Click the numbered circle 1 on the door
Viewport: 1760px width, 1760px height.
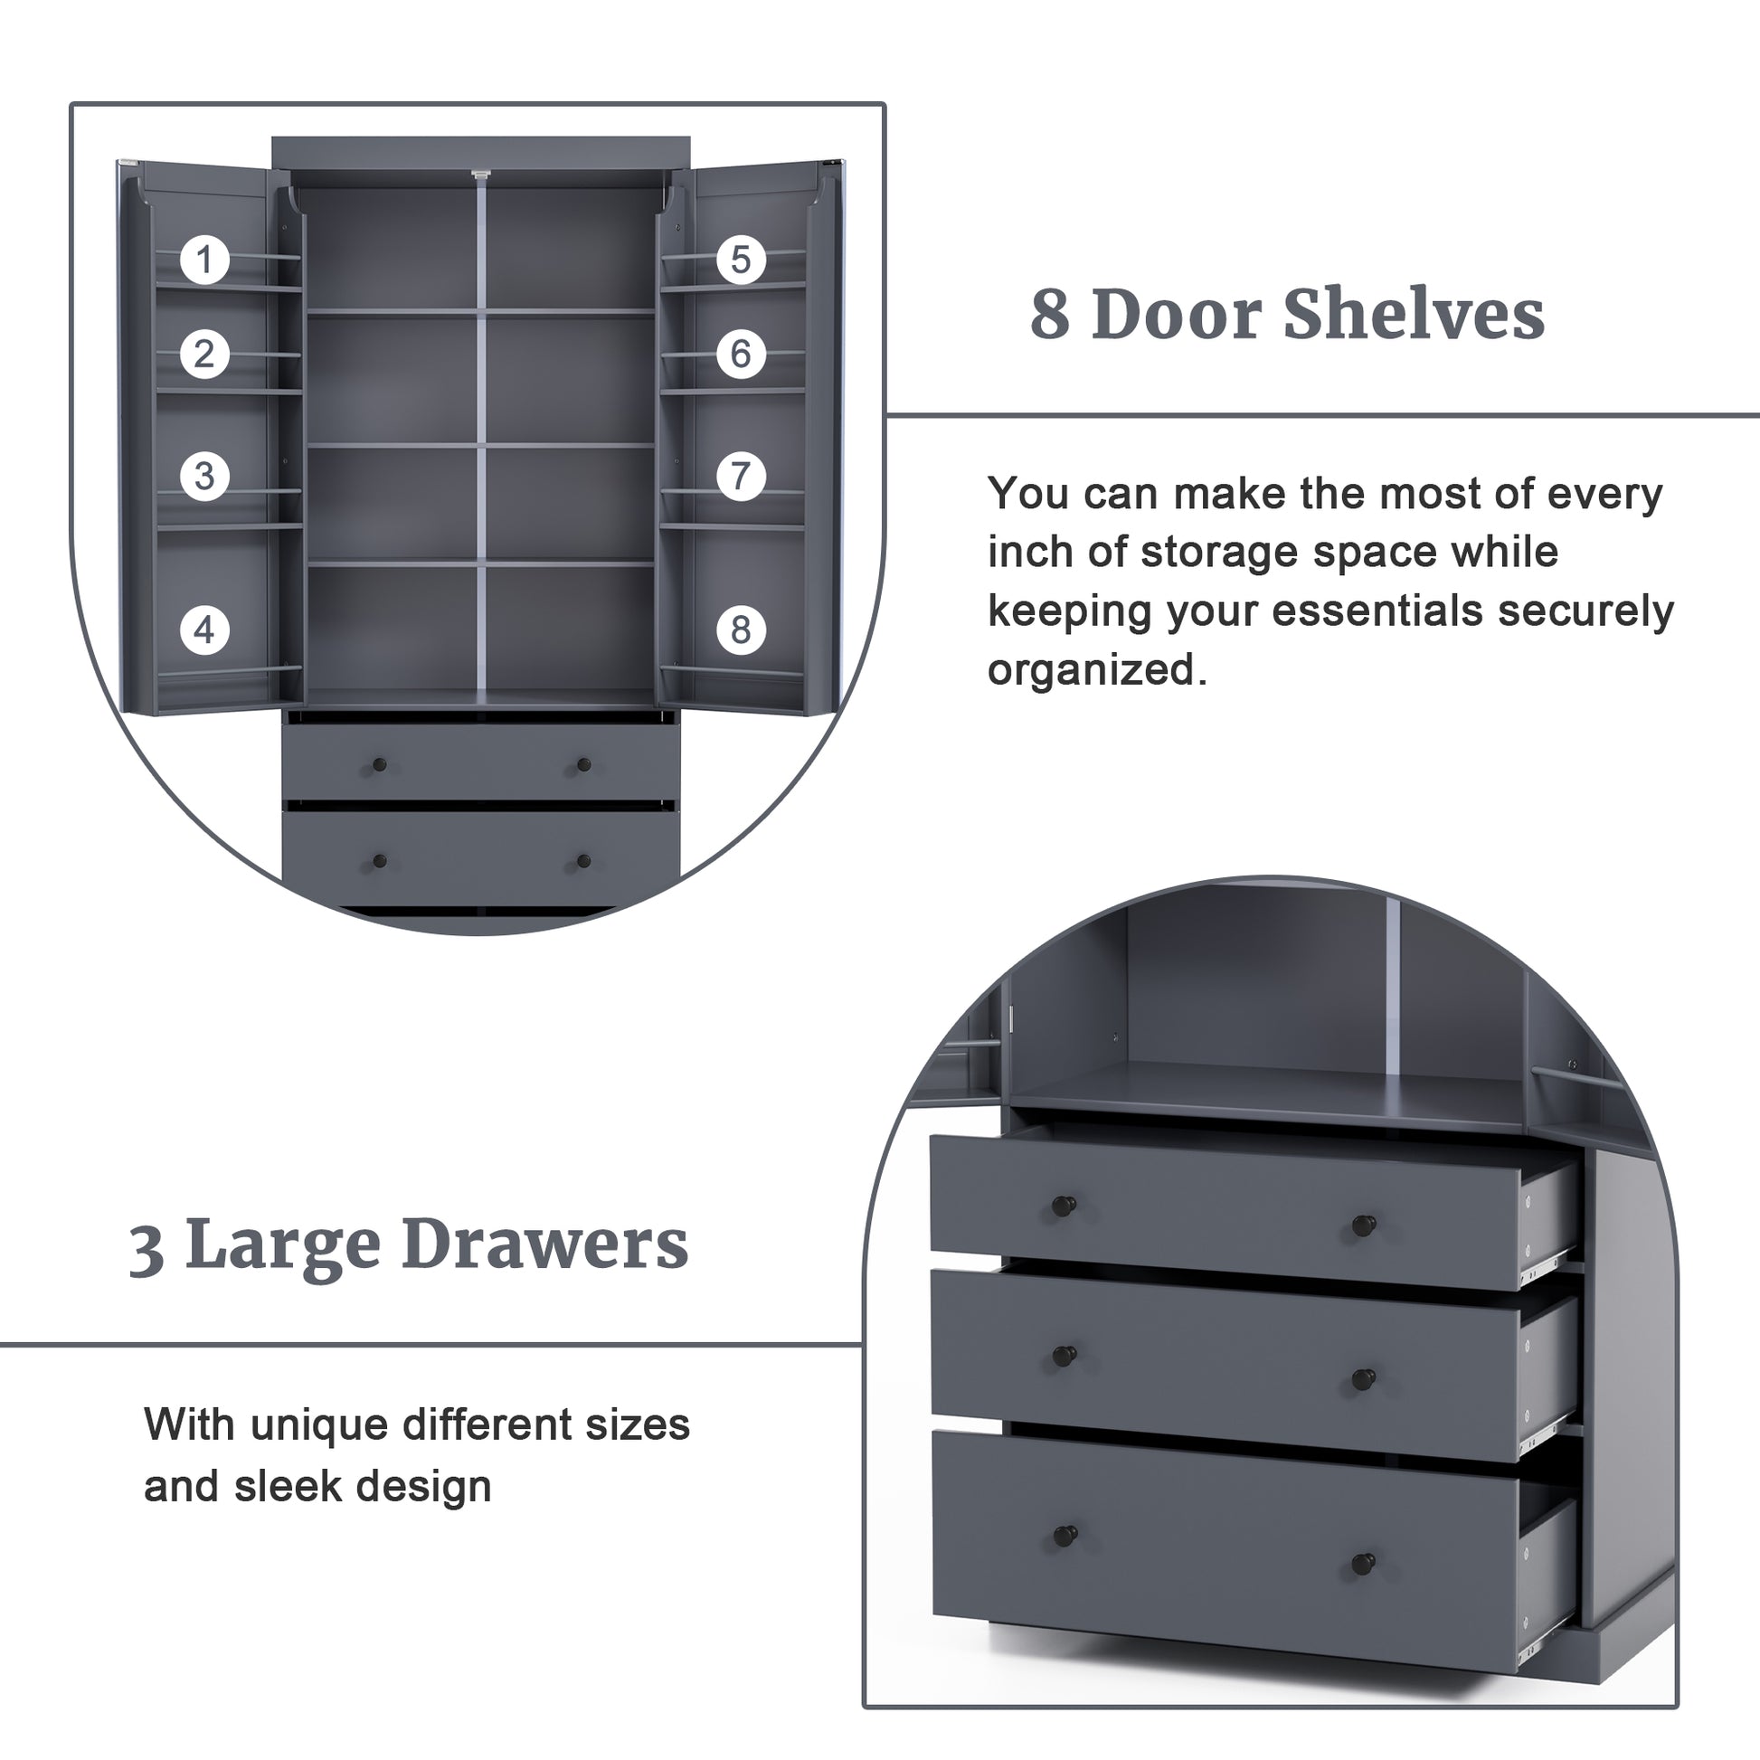click(x=204, y=260)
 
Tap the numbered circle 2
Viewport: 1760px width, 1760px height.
click(x=204, y=354)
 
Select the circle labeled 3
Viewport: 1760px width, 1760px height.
click(x=204, y=476)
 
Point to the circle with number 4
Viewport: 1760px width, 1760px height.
click(x=204, y=629)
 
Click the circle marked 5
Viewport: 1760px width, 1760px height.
click(x=741, y=260)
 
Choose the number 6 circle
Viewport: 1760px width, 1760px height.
click(x=741, y=354)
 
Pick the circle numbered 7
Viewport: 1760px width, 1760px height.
click(x=741, y=476)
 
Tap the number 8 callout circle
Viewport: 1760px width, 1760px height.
click(x=741, y=629)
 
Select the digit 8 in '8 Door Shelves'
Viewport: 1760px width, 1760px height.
click(x=1049, y=316)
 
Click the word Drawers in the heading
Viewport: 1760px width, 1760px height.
click(x=544, y=1244)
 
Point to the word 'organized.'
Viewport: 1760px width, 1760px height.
click(x=1097, y=670)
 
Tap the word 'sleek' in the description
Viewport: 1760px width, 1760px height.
click(x=284, y=1486)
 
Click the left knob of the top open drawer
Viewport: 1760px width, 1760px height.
click(x=1063, y=1206)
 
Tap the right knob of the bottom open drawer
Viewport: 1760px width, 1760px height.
click(x=1363, y=1565)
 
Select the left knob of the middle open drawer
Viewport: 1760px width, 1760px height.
click(x=1063, y=1357)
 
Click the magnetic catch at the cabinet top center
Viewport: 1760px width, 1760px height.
click(x=481, y=174)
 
